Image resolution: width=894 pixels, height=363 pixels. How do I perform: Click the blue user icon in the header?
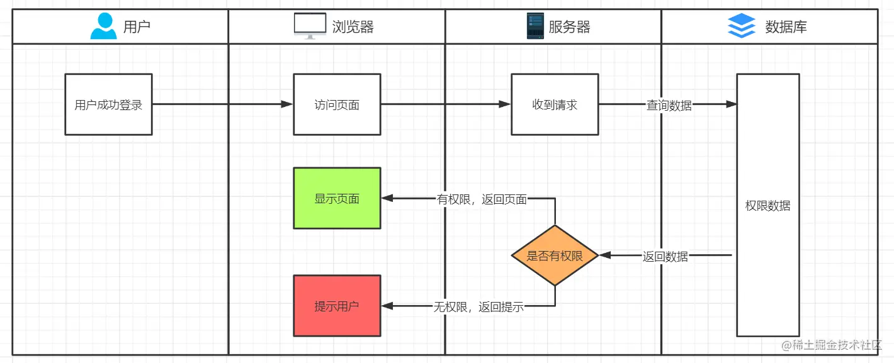[103, 26]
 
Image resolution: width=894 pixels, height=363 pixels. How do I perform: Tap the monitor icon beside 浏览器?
[310, 26]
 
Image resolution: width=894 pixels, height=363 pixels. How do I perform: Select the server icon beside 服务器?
[535, 26]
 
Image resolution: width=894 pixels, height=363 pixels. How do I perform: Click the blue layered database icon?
[741, 26]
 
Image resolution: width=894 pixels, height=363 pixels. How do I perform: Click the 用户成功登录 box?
[108, 104]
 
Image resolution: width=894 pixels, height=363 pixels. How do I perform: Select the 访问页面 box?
[337, 104]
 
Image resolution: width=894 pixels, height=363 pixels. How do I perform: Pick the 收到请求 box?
[555, 104]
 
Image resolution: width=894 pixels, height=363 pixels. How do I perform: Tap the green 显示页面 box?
[337, 198]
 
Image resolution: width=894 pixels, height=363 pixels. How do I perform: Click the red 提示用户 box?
[337, 306]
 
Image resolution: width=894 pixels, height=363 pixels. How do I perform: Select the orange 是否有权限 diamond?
[555, 255]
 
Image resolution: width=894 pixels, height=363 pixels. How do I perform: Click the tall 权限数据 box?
[768, 206]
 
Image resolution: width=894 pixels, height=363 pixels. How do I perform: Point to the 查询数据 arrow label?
[669, 106]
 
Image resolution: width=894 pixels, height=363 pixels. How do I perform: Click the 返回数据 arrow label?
[665, 256]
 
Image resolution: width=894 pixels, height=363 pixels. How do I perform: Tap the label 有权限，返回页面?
[482, 199]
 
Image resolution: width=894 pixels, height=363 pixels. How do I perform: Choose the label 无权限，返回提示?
[478, 307]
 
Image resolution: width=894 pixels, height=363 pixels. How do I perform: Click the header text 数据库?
[786, 26]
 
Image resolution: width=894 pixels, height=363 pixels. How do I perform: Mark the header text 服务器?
[569, 26]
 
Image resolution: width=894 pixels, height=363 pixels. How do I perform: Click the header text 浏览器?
[353, 26]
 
